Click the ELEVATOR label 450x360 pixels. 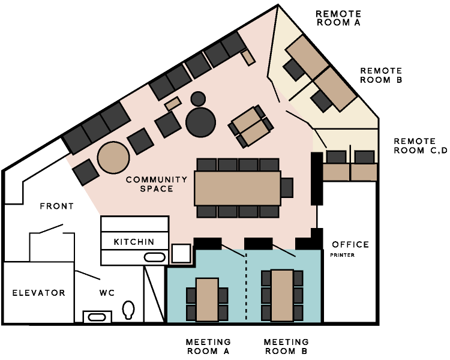39,293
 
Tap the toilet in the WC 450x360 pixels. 128,310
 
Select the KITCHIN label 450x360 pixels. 134,242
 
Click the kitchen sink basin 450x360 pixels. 154,257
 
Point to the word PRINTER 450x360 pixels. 343,255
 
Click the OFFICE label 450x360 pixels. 350,245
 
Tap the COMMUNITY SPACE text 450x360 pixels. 157,184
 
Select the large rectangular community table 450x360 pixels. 238,188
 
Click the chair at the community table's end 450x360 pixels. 287,188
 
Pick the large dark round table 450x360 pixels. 200,122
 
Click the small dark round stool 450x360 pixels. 198,99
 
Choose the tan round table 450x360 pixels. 113,158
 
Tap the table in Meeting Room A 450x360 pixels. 207,299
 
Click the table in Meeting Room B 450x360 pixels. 283,295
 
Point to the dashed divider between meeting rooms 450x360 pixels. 246,287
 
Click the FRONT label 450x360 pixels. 57,206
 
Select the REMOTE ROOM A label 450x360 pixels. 338,18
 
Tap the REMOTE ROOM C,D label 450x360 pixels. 421,146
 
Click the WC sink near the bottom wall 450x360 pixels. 97,317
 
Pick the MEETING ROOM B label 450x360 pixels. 286,347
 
